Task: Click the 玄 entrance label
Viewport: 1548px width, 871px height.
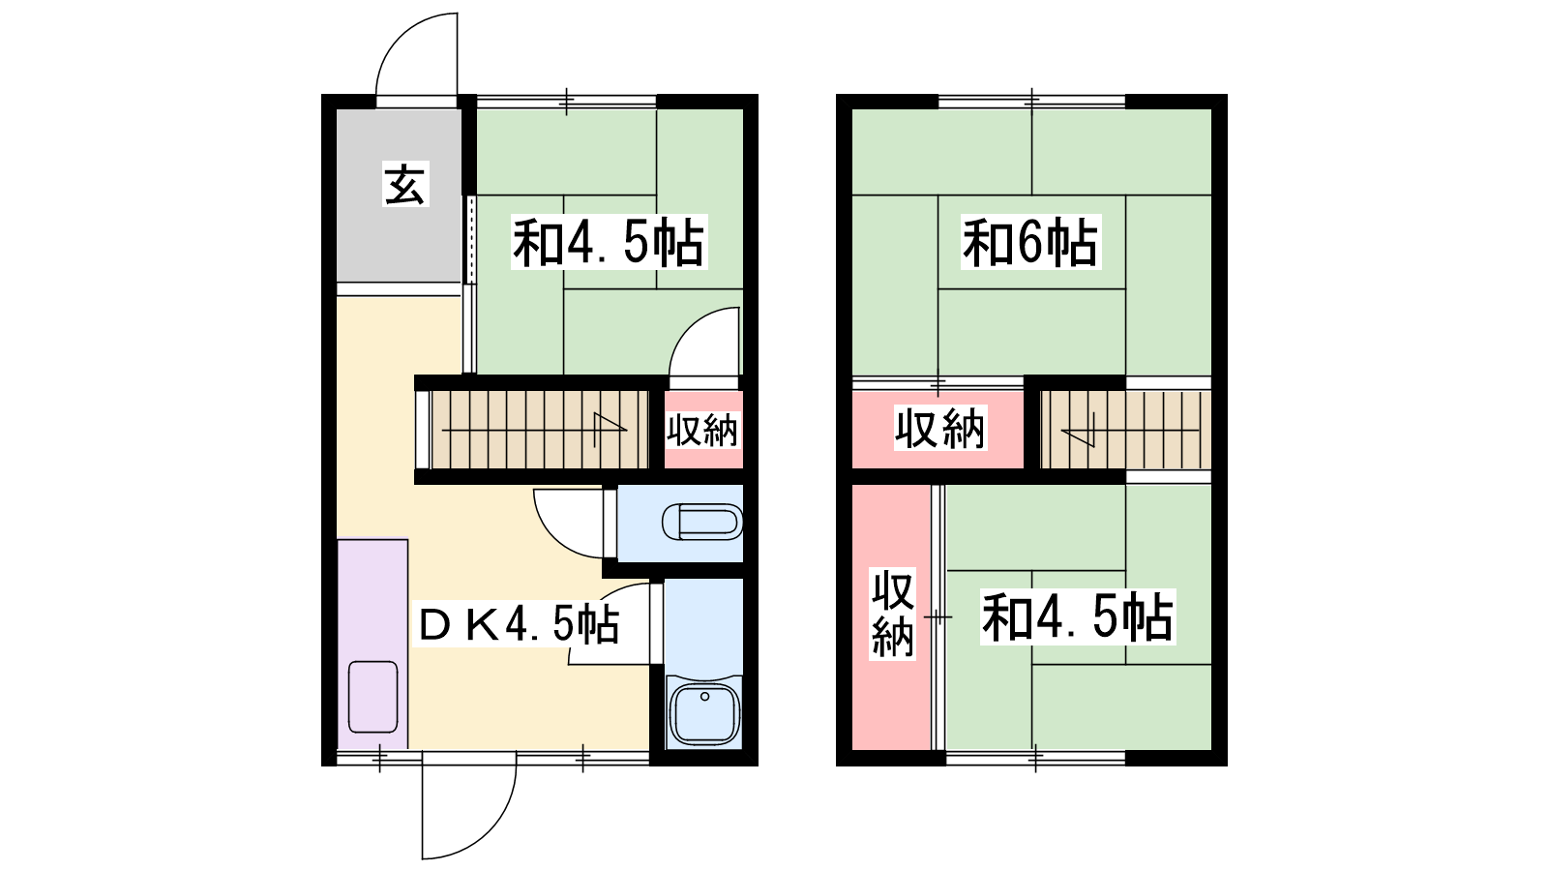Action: point(405,184)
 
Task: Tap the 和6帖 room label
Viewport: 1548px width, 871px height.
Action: point(1030,243)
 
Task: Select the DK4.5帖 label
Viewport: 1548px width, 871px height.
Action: point(519,625)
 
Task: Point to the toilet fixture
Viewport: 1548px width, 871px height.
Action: point(701,522)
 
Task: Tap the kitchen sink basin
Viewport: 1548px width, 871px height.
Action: point(373,697)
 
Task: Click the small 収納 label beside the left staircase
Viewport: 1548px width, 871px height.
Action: point(702,430)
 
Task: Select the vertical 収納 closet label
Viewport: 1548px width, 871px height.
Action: point(892,615)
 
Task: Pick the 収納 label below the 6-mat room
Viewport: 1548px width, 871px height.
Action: point(939,429)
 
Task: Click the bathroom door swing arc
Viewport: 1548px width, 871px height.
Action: point(609,623)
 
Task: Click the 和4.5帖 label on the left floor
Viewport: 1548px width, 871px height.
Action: point(609,243)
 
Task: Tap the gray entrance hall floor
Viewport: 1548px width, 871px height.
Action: point(399,195)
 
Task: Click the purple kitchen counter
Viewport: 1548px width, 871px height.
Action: point(372,644)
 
